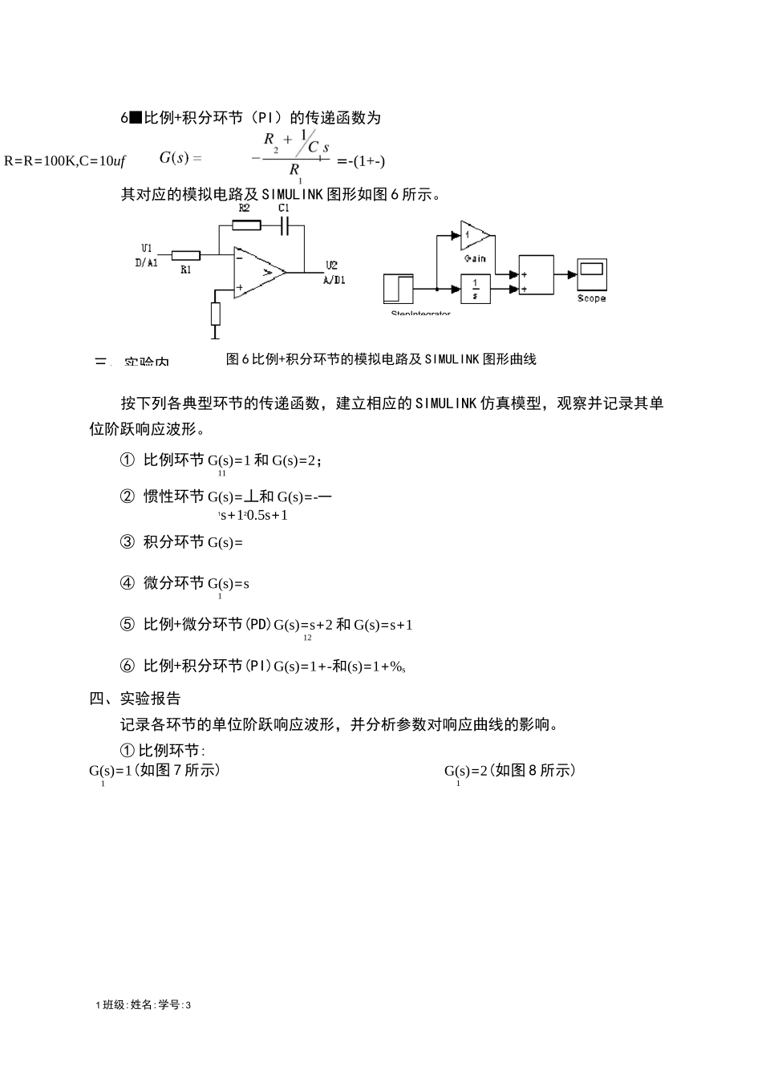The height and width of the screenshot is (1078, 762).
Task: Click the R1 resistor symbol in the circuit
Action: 185,255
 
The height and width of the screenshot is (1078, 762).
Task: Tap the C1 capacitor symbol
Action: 284,227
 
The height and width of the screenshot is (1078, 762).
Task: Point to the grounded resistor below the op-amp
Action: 215,314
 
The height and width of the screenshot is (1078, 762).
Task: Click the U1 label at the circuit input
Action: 146,248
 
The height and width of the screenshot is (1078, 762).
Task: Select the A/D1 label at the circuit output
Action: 334,280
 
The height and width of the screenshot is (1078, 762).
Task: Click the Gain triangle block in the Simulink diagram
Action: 476,235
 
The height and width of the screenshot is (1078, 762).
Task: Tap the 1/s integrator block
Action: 476,288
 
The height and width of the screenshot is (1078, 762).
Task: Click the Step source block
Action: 399,288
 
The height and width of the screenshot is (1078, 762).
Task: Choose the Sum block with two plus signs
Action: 536,275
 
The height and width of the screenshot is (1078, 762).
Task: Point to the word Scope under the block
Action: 592,298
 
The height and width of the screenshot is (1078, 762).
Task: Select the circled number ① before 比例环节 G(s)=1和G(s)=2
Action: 127,460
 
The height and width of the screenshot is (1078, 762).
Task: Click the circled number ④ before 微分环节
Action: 127,583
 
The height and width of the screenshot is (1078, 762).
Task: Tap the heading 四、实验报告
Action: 135,698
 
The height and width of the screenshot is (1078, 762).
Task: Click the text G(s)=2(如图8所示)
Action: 510,771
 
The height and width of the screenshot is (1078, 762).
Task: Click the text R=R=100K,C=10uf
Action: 65,161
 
